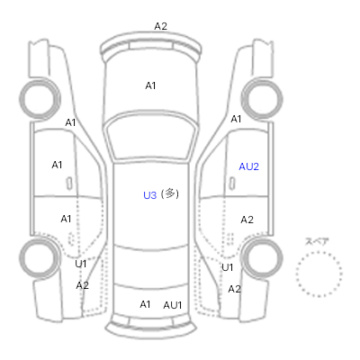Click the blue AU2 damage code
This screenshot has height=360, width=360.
pos(248,166)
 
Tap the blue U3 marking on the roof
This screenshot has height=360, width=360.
pos(150,195)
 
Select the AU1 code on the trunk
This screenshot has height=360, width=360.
pos(173,305)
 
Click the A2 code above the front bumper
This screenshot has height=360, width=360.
pos(160,26)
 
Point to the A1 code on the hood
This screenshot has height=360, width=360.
pos(150,85)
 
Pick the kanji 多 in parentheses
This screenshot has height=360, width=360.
pos(170,193)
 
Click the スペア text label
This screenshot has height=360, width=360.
pos(317,241)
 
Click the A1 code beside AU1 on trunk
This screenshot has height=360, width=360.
pos(145,304)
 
